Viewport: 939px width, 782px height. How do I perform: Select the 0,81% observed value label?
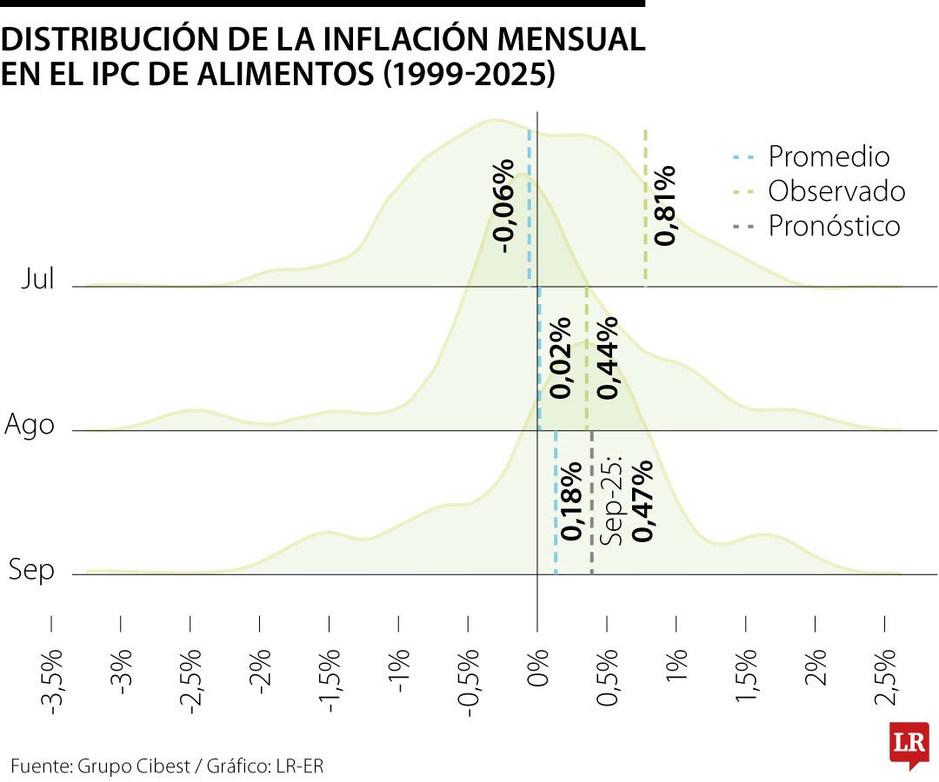coord(665,205)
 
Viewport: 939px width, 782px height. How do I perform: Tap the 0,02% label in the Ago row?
coord(561,358)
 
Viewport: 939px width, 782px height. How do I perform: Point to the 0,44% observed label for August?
coord(607,358)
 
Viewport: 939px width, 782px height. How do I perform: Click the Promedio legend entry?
coord(829,156)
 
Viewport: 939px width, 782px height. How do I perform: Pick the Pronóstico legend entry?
coord(834,226)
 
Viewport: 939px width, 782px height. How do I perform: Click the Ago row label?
coord(30,426)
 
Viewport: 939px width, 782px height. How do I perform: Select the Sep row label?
coord(32,571)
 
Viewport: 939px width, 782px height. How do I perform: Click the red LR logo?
coord(908,745)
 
